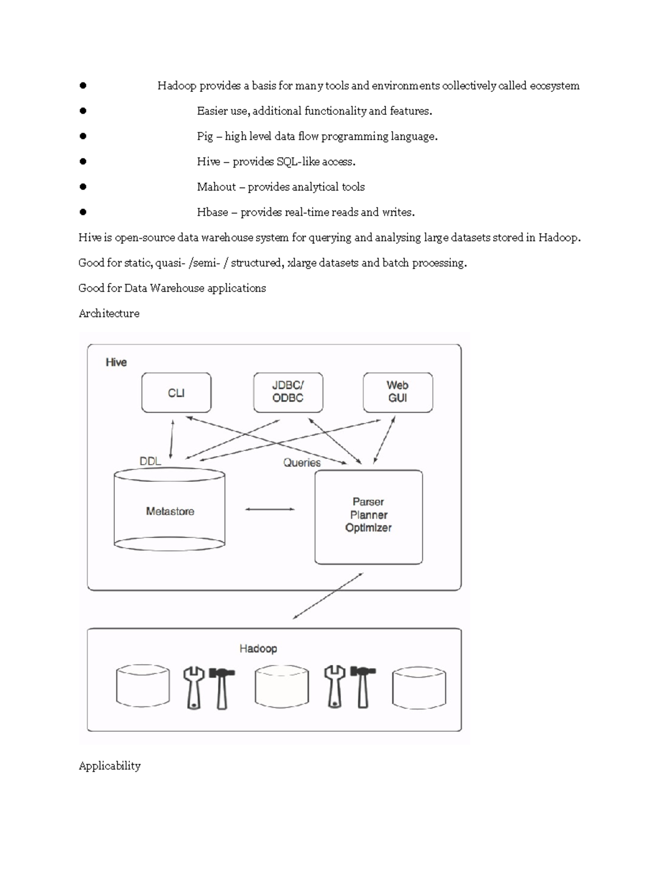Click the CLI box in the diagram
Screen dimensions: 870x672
[x=176, y=393]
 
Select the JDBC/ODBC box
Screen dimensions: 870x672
[x=288, y=392]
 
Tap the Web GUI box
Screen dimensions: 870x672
[x=398, y=392]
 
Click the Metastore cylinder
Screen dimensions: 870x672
[x=170, y=511]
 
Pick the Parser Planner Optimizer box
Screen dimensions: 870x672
[x=368, y=516]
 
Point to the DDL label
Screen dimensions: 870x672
[x=150, y=461]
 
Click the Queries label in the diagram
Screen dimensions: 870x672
[x=302, y=463]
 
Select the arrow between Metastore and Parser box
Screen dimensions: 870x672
[x=270, y=509]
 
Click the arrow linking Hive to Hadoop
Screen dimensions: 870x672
[x=328, y=595]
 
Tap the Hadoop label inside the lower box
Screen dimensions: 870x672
[x=258, y=648]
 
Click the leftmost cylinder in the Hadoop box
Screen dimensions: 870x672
[x=143, y=686]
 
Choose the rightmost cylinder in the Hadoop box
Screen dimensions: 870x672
[x=419, y=687]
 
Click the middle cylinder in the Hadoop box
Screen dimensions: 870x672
[x=282, y=686]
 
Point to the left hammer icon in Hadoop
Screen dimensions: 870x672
[x=222, y=687]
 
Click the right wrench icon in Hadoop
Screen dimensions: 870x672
[x=334, y=687]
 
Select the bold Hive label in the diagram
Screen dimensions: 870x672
[x=116, y=362]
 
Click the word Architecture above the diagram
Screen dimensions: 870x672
[x=109, y=313]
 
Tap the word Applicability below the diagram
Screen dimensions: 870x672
[x=110, y=766]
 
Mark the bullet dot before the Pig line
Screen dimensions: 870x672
[x=83, y=136]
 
